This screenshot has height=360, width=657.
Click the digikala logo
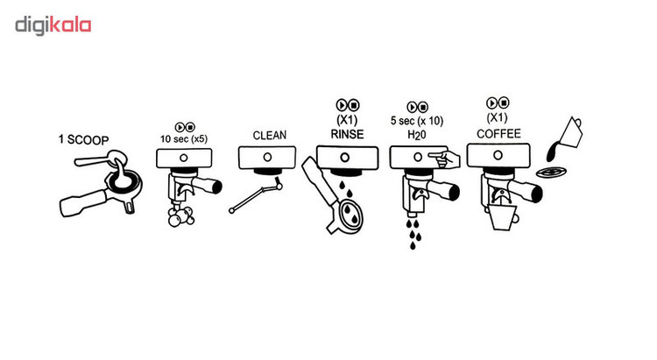(53, 25)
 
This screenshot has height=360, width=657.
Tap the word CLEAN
(269, 136)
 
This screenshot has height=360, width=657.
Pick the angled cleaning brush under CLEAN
(255, 197)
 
